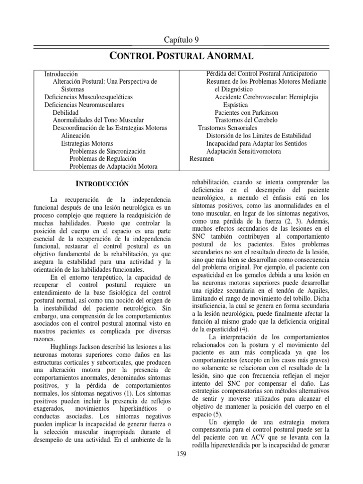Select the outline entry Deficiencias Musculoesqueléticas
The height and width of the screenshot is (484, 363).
tap(88, 97)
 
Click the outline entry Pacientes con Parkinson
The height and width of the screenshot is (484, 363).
tap(246, 112)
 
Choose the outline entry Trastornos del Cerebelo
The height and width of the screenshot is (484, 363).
tap(246, 120)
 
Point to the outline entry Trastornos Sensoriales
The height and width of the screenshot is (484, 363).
tap(227, 128)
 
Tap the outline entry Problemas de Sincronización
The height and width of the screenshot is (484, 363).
tap(107, 151)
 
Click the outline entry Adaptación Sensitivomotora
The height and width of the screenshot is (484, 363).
tap(243, 151)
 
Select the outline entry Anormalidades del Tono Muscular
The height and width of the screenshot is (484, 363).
tap(98, 121)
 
